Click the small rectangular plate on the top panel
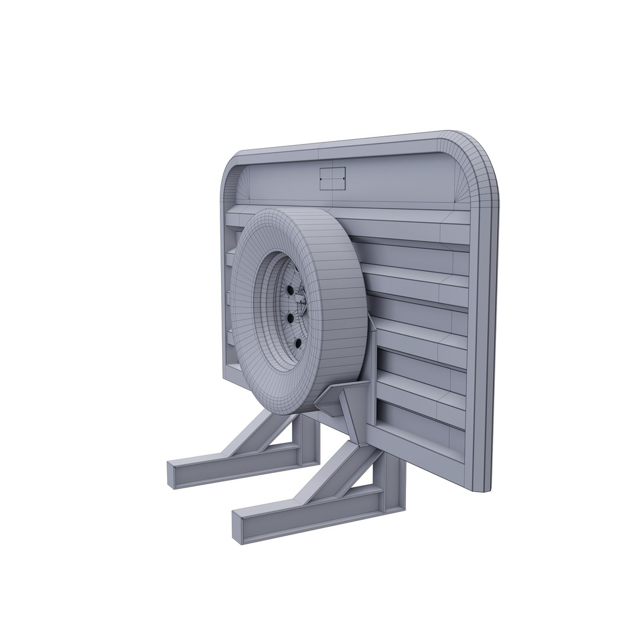coord(332,178)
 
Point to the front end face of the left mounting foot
coord(172,475)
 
